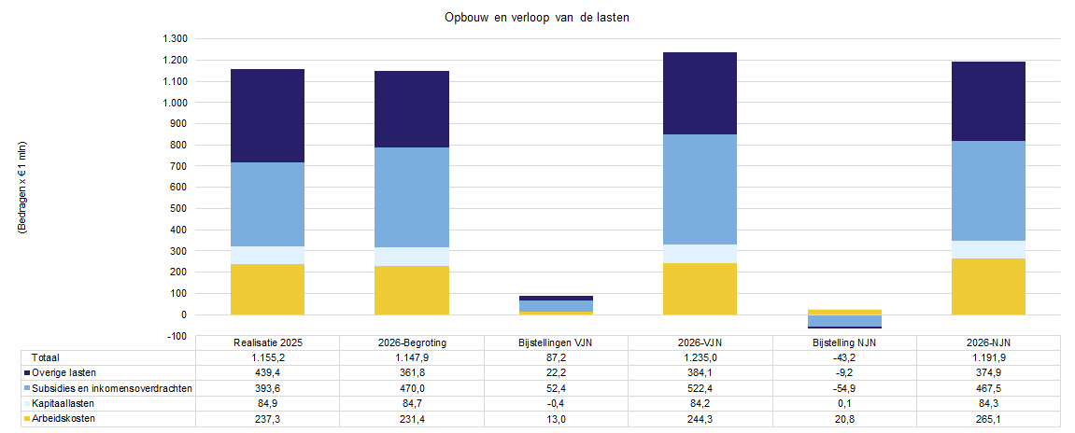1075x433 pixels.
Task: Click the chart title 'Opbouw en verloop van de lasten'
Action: pyautogui.click(x=537, y=17)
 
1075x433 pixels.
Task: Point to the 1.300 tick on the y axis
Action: pyautogui.click(x=176, y=39)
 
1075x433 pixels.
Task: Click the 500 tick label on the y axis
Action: pyautogui.click(x=180, y=208)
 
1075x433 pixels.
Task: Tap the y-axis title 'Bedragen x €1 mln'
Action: pyautogui.click(x=21, y=189)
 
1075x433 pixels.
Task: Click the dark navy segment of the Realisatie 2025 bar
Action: pyautogui.click(x=267, y=116)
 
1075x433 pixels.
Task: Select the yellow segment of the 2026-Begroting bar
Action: pyautogui.click(x=412, y=290)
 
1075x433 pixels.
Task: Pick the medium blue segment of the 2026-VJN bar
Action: pyautogui.click(x=700, y=189)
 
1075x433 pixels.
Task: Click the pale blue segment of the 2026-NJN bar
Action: pyautogui.click(x=989, y=249)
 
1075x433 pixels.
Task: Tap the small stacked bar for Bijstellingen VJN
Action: pyautogui.click(x=556, y=305)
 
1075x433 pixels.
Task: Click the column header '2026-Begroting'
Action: pyautogui.click(x=412, y=342)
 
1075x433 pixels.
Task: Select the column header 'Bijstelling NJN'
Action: pyautogui.click(x=844, y=342)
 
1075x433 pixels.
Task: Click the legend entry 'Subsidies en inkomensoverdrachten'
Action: pyautogui.click(x=107, y=388)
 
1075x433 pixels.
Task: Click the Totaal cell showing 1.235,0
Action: pyautogui.click(x=700, y=357)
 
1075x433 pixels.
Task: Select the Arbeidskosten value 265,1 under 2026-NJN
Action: pyautogui.click(x=989, y=418)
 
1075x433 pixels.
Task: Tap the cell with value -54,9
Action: pyautogui.click(x=844, y=388)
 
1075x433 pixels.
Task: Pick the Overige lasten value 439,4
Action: pyautogui.click(x=267, y=372)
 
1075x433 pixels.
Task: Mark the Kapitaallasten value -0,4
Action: pyautogui.click(x=556, y=403)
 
